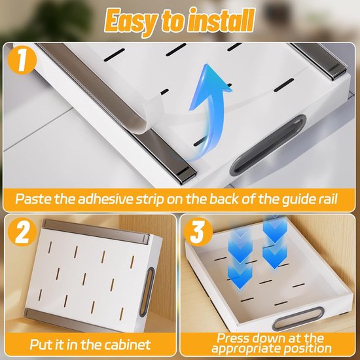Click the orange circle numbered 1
pyautogui.click(x=22, y=60)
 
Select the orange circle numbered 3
pyautogui.click(x=198, y=232)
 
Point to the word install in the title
pyautogui.click(x=221, y=20)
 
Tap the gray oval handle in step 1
pyautogui.click(x=268, y=145)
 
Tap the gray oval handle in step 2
pyautogui.click(x=147, y=291)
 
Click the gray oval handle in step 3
pyautogui.click(x=298, y=319)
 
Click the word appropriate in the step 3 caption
pyautogui.click(x=245, y=349)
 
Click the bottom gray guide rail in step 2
pyautogui.click(x=76, y=321)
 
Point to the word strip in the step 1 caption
pyautogui.click(x=150, y=199)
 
